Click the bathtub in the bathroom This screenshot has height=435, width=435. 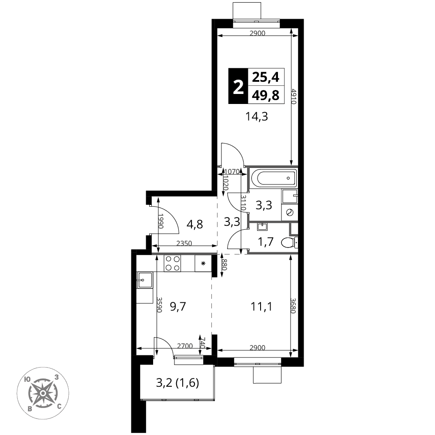tap(274, 178)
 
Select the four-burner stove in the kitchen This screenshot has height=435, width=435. tap(172, 263)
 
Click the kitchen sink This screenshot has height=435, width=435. tap(145, 280)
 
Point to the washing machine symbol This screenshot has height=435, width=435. tap(290, 213)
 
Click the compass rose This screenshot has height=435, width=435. tap(43, 393)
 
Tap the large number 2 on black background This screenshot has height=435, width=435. tap(238, 86)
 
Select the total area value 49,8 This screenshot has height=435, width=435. tap(265, 95)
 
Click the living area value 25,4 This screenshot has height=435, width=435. tap(265, 77)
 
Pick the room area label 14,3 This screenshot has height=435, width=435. tap(257, 117)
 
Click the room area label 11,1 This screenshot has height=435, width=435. tap(261, 307)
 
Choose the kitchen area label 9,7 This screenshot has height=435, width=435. tap(177, 307)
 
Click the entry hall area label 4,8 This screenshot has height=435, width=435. tap(195, 224)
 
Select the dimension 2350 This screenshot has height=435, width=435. tap(184, 243)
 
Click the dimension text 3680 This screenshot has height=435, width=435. tap(293, 306)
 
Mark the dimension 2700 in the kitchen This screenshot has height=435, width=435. tap(185, 346)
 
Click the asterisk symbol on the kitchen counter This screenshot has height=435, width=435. tap(203, 263)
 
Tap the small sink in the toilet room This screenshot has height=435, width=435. tap(262, 227)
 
